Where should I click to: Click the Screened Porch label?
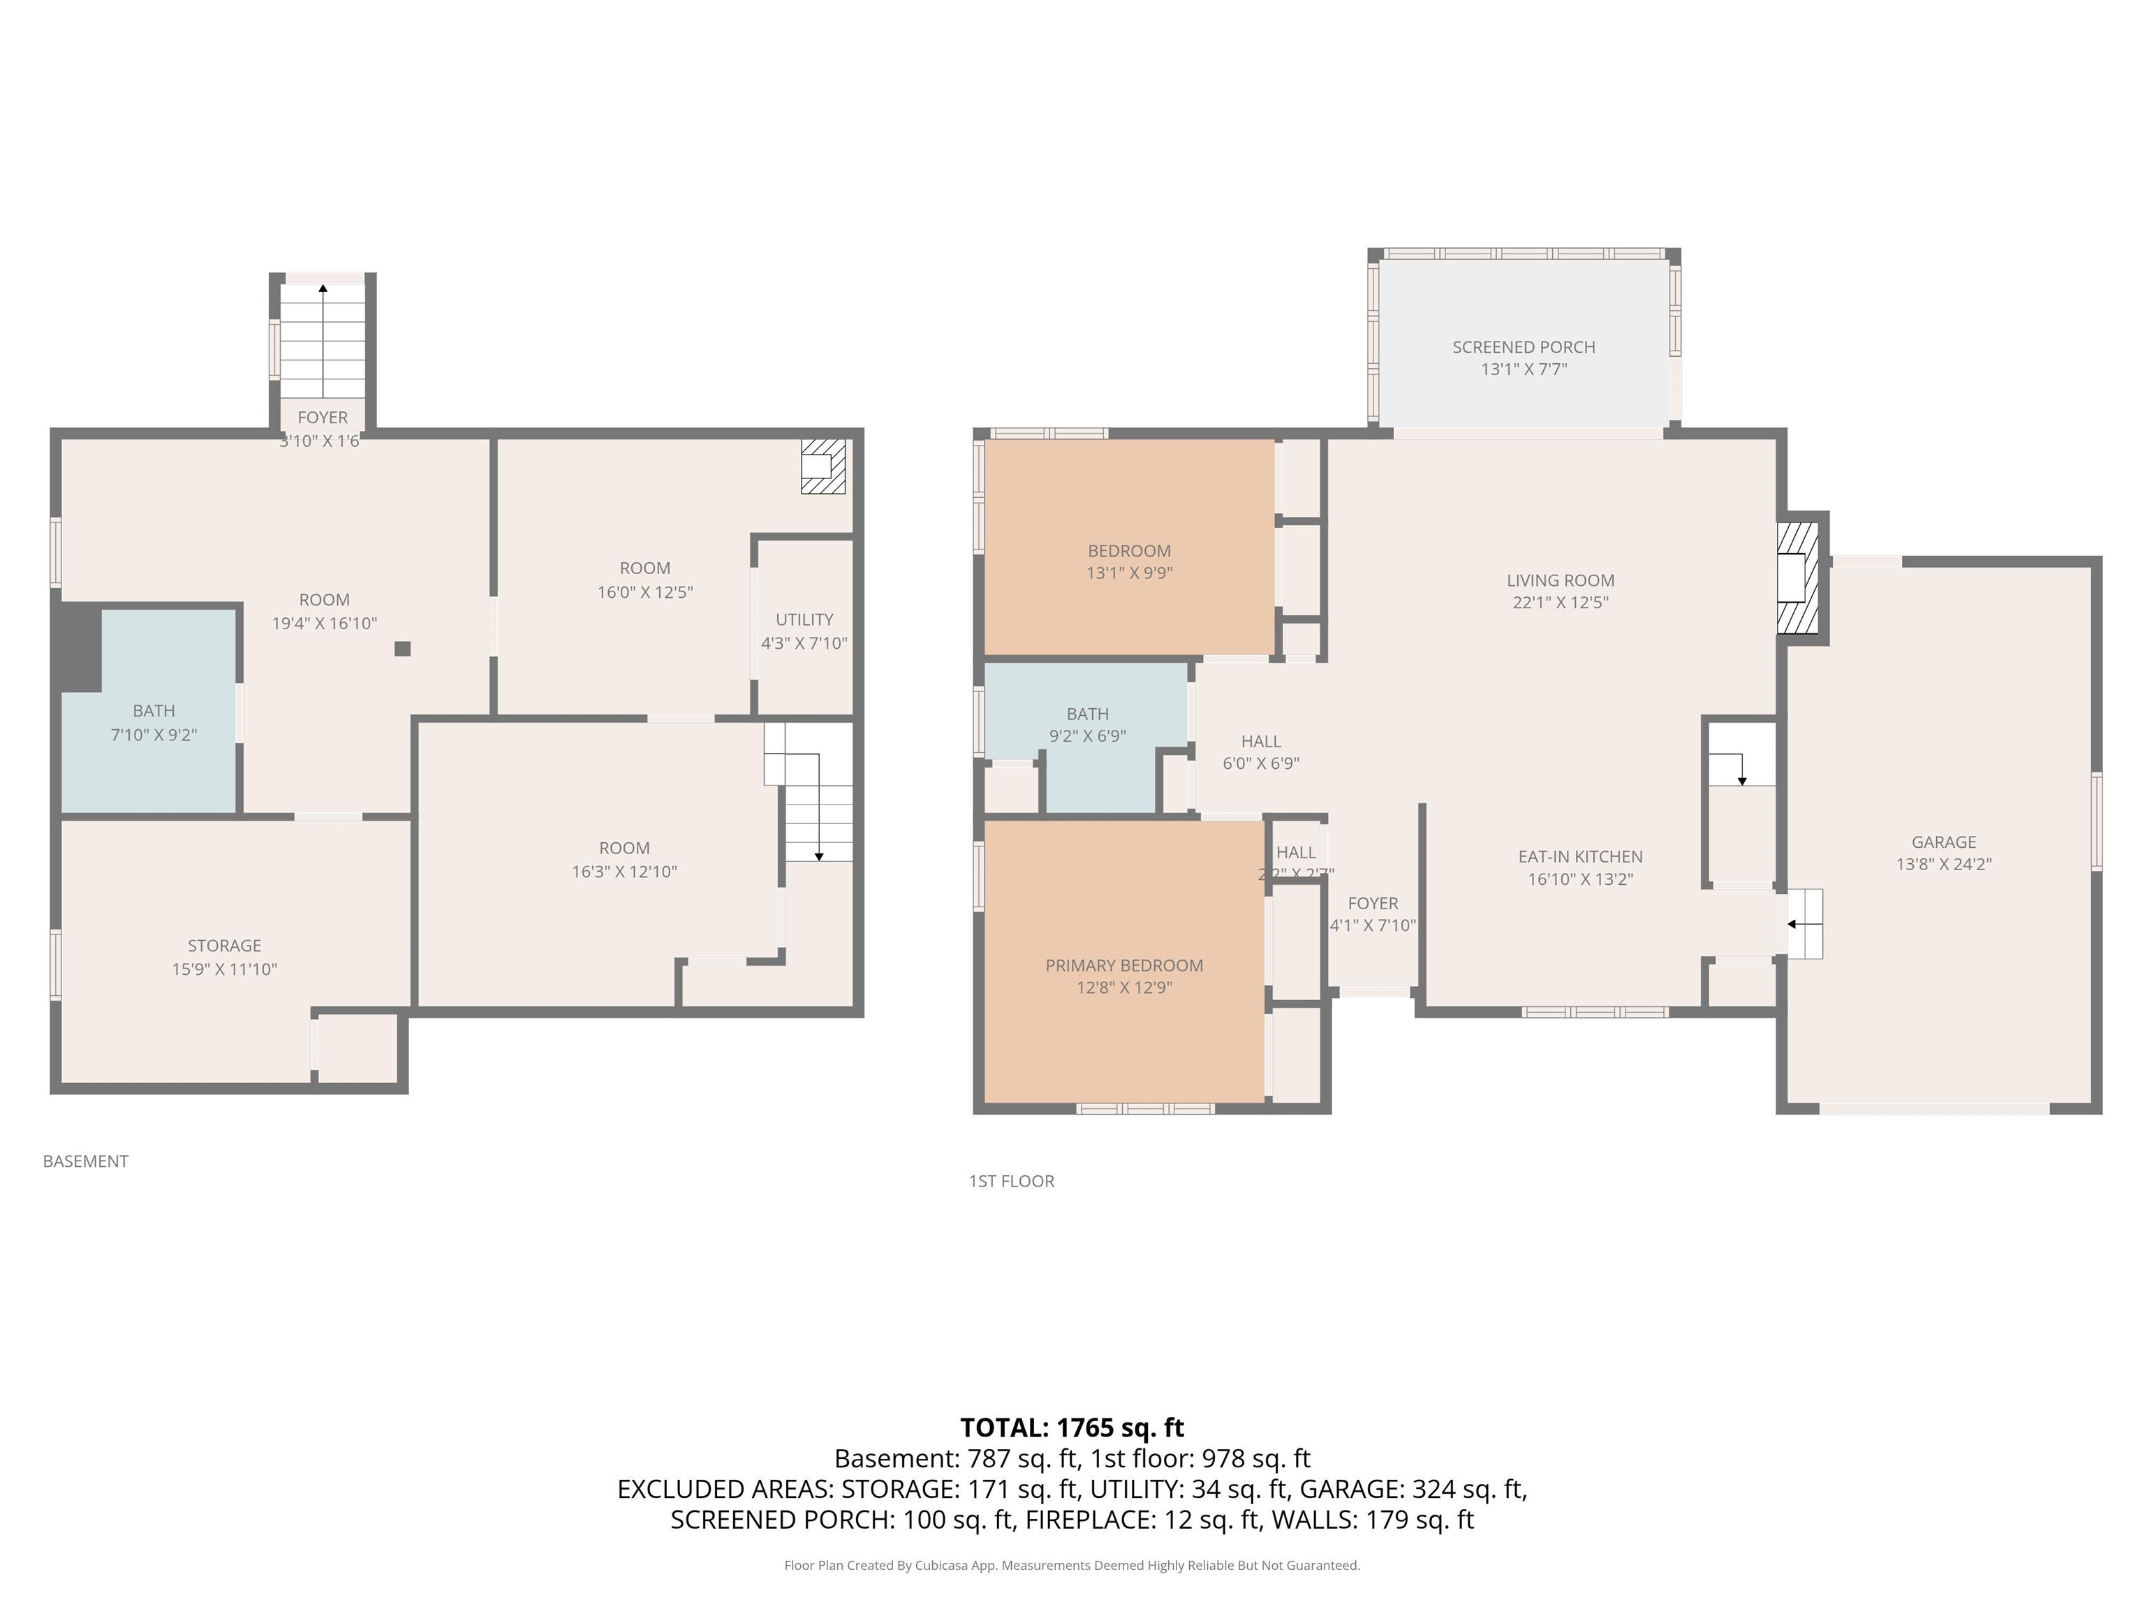click(x=1524, y=347)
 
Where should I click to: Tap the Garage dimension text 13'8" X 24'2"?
click(x=1943, y=864)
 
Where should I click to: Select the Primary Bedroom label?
click(x=1124, y=965)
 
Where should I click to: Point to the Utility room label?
click(x=804, y=619)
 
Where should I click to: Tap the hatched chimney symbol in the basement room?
click(x=823, y=466)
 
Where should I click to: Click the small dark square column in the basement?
click(x=402, y=649)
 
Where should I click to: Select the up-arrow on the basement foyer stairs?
click(x=323, y=288)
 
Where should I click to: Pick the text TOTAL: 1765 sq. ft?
click(x=1072, y=1427)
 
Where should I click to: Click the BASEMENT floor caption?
click(x=85, y=1161)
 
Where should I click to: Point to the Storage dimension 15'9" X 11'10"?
click(x=224, y=969)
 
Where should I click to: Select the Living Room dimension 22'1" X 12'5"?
click(x=1561, y=602)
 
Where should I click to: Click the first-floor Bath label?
click(x=1087, y=714)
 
